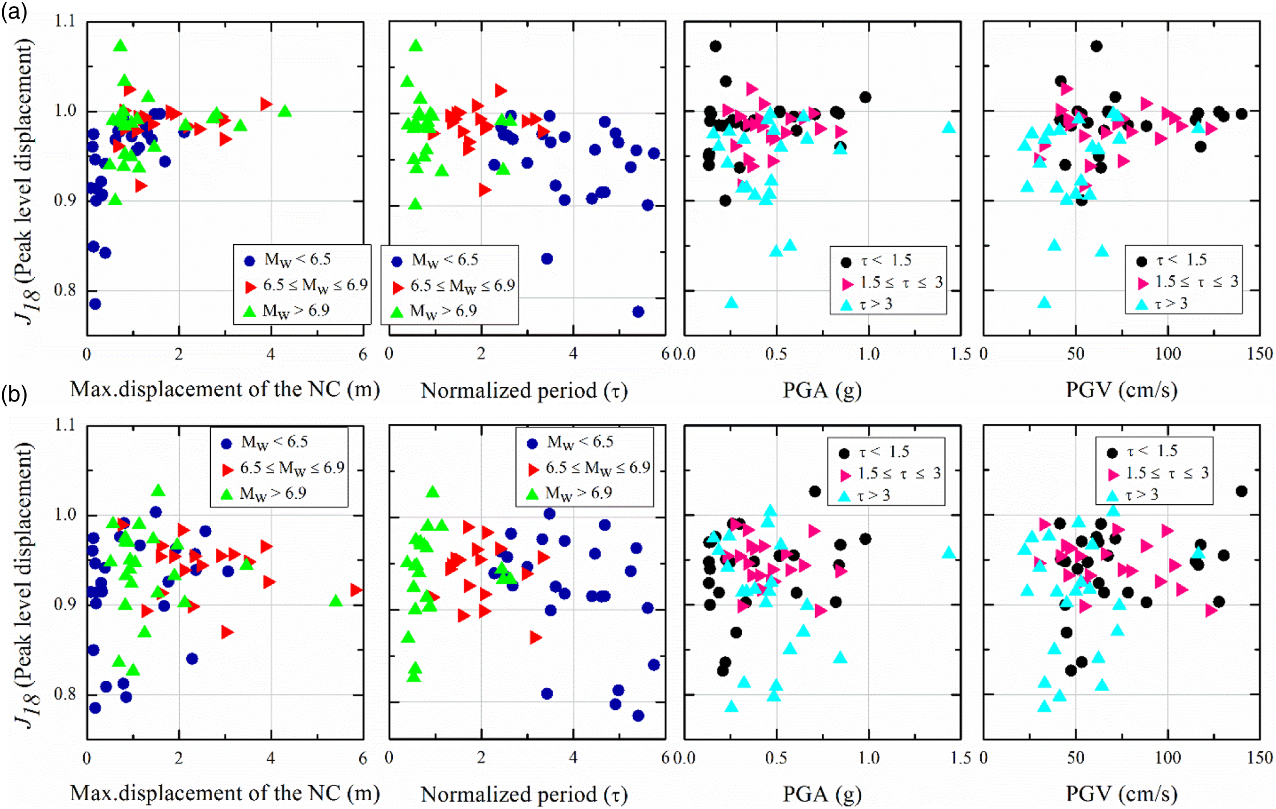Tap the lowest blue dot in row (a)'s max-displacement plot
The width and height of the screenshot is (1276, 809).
coord(95,304)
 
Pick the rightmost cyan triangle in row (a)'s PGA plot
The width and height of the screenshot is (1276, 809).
coord(949,128)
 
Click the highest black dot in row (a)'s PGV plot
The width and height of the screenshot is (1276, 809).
coord(1096,46)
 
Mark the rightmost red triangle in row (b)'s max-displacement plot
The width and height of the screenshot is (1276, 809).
coord(356,590)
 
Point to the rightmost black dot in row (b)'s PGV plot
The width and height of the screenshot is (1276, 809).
coord(1241,491)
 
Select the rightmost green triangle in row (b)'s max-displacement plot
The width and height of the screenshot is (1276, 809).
coord(335,601)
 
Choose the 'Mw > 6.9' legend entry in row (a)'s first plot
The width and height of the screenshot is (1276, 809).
coord(289,311)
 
